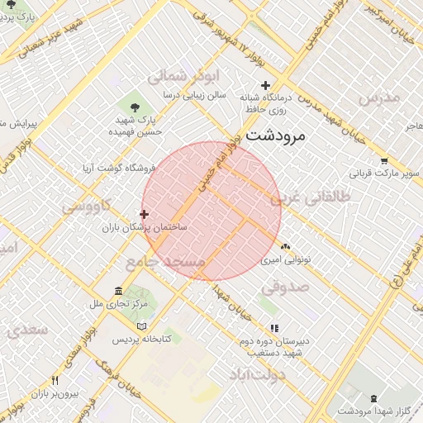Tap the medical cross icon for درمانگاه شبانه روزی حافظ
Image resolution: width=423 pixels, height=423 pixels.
(265, 85)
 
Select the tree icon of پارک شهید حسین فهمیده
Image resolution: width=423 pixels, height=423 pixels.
(135, 106)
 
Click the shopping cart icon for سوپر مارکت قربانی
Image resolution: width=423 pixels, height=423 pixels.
(383, 161)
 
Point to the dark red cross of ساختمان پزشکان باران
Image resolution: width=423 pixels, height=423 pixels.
(145, 214)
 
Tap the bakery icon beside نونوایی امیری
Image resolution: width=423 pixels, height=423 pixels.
(286, 246)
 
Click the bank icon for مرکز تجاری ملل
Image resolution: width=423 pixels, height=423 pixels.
(119, 292)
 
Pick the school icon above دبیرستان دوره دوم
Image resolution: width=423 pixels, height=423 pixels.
(274, 328)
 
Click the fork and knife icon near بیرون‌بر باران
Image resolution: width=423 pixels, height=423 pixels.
(55, 380)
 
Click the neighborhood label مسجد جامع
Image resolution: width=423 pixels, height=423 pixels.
(165, 261)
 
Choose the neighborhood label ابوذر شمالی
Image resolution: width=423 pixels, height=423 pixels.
(176, 77)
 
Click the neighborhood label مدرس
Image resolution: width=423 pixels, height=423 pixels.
(380, 98)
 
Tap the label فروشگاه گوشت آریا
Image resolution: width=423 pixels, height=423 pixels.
(116, 168)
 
